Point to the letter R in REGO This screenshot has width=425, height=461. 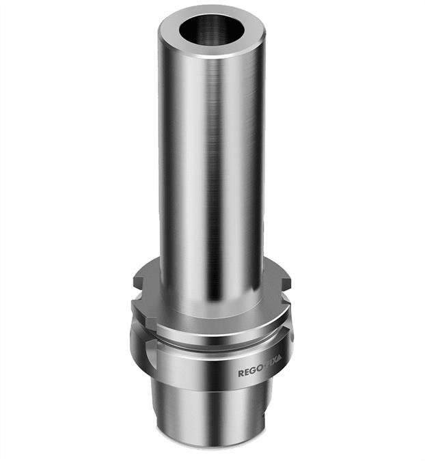pos(241,374)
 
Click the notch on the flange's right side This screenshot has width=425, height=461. pos(286,279)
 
